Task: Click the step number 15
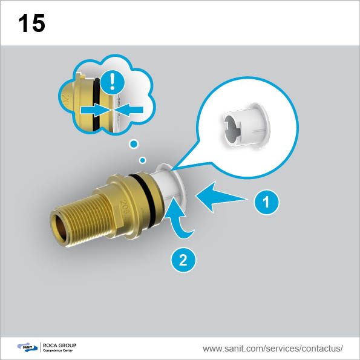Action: tap(31, 23)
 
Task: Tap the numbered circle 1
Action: tap(267, 202)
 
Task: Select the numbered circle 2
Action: tap(183, 260)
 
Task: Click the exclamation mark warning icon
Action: tap(113, 82)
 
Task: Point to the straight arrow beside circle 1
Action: tap(220, 197)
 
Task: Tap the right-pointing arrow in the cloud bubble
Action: tap(94, 110)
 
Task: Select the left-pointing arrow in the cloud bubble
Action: tap(128, 110)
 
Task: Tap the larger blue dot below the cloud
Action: tap(134, 144)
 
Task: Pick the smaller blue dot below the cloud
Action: tap(143, 160)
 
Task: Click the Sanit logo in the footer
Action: tap(27, 347)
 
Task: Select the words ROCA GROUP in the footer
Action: tap(59, 345)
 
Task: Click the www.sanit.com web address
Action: tap(272, 349)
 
